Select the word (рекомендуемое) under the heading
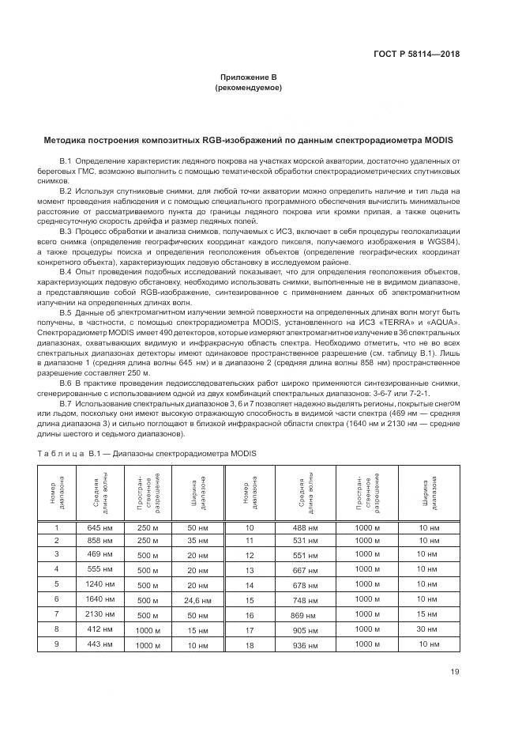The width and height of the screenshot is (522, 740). click(x=248, y=89)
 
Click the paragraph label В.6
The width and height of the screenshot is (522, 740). click(x=66, y=383)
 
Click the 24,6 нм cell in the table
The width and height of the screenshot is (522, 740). click(x=199, y=601)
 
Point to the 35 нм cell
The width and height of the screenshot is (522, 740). click(x=199, y=541)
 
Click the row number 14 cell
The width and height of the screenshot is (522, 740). click(x=250, y=585)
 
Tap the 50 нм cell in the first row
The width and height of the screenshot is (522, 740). click(x=199, y=527)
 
